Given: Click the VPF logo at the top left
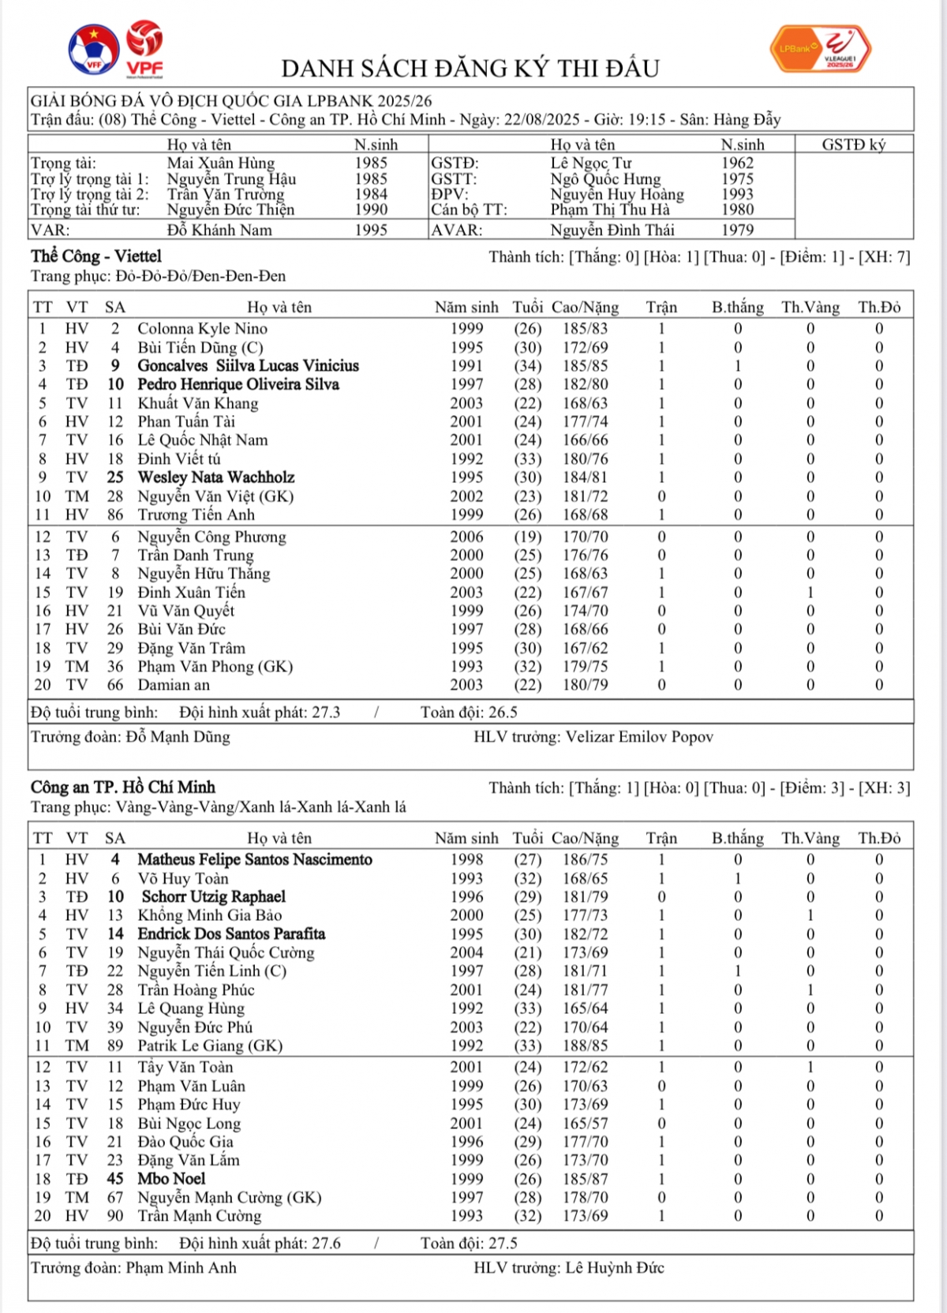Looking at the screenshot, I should pos(144,49).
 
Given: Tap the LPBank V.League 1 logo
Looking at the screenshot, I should pos(821,49).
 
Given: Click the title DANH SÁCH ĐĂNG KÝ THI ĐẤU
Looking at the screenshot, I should pos(470,69).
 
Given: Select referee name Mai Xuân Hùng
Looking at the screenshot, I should pos(220,163).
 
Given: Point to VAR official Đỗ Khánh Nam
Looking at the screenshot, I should pos(219,230).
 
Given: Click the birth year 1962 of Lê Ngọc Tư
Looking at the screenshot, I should pos(737,163).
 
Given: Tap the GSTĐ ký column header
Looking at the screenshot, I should pos(854,144).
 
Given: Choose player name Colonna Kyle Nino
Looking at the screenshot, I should pos(202,328).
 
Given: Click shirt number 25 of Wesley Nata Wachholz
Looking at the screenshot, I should pos(115,477).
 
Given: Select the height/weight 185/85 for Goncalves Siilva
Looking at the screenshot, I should pos(585,366).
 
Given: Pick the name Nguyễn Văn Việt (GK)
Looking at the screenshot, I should pos(215,496).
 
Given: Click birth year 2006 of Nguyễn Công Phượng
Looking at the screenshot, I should pos(466,537).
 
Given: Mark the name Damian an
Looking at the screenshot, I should pos(174,685).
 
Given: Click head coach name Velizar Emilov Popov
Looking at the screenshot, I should pos(639,737).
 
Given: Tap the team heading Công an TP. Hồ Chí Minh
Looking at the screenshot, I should pos(123,787).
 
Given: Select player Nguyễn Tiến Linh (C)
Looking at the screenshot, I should pos(211,971).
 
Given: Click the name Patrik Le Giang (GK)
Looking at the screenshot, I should pos(210,1046).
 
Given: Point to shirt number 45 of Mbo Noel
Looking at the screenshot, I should pos(115,1179).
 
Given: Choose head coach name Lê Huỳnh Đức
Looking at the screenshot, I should pos(615,1268).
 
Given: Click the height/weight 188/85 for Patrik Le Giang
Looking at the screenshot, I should pos(585,1046).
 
